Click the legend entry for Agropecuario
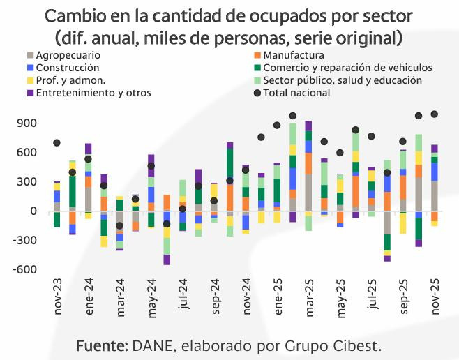(68, 55)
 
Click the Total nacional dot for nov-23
(57, 143)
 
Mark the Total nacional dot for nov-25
(434, 114)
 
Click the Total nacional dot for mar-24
(119, 225)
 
